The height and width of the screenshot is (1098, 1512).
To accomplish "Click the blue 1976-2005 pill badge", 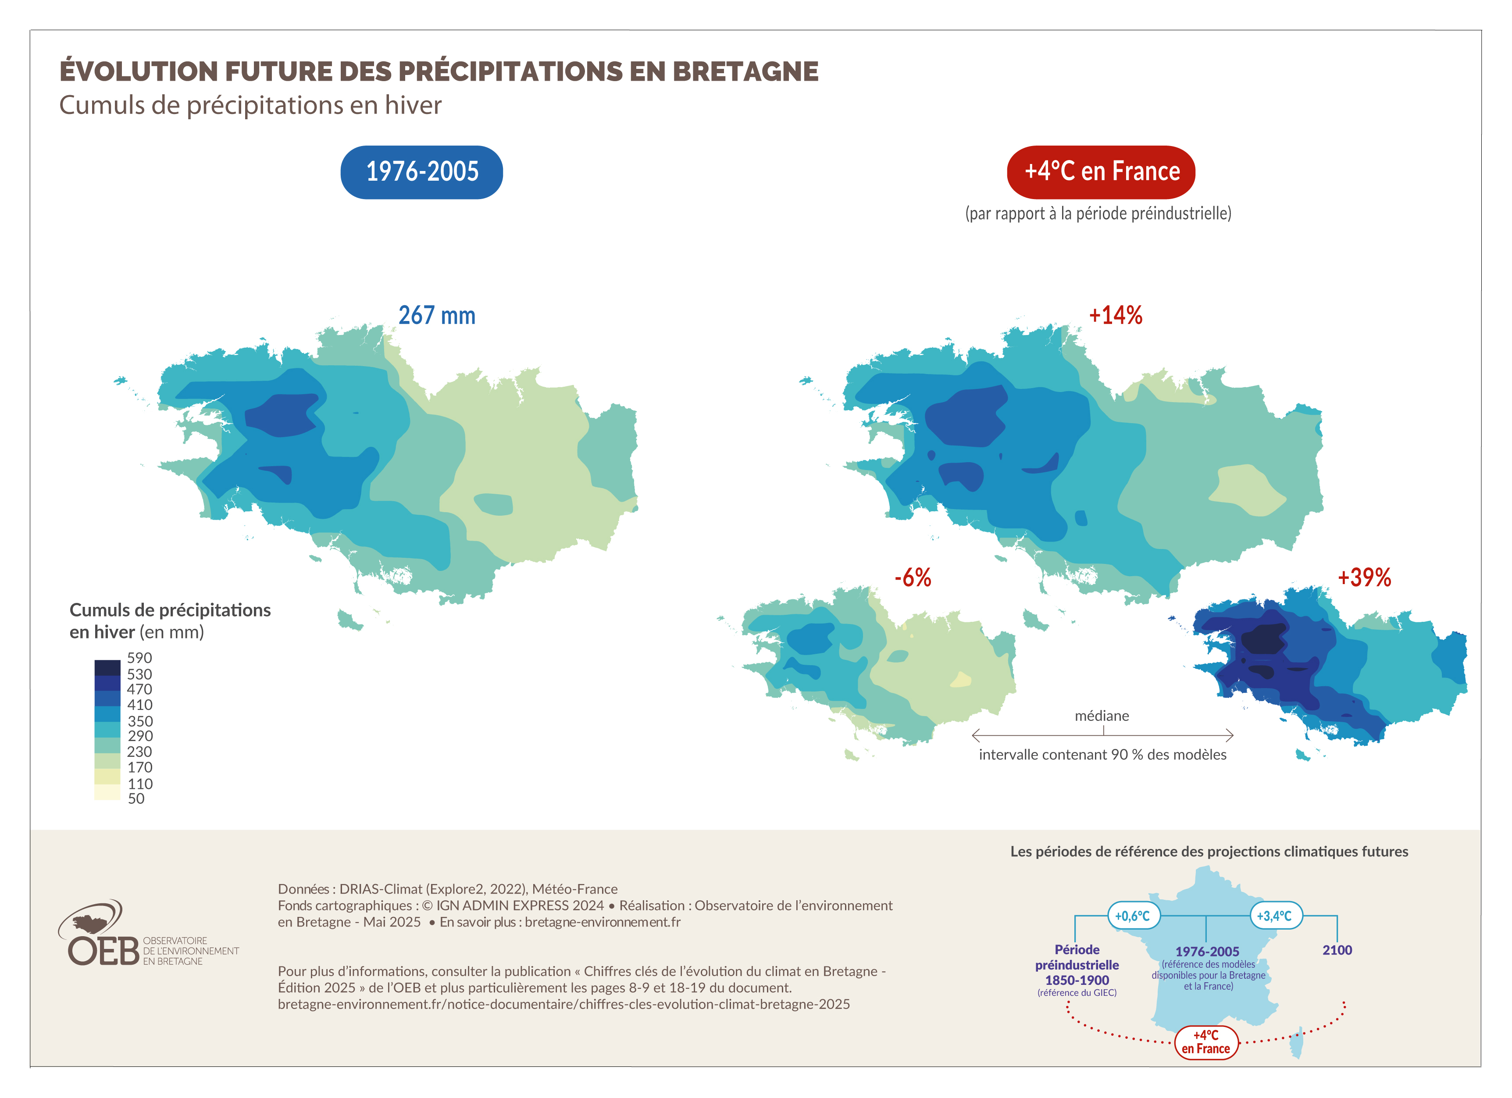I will coord(421,172).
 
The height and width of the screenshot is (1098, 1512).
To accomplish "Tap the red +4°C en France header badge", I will coord(1101,172).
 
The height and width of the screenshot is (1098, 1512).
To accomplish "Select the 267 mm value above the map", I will coord(437,315).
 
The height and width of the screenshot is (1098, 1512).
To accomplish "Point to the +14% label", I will coord(1115,315).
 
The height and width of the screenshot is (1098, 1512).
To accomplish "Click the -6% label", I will coord(912,578).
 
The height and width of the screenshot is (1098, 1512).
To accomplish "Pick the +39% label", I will coord(1364,578).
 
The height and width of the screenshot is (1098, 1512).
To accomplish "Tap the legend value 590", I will coord(139,658).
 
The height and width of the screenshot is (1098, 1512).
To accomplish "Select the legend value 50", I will coord(136,799).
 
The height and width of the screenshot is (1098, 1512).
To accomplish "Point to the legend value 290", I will coord(140,736).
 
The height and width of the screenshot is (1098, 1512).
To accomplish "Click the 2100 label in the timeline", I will coord(1337,950).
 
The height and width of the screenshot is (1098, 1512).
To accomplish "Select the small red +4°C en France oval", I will coord(1205,1042).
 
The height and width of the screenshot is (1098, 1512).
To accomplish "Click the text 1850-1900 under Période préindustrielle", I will coord(1077,980).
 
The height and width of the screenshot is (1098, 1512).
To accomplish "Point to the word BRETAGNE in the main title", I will coord(745,71).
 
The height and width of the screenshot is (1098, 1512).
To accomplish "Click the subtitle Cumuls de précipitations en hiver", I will coord(250,105).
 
